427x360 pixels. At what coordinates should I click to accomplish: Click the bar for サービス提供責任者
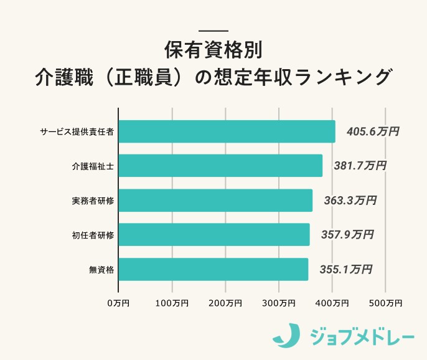coord(227,131)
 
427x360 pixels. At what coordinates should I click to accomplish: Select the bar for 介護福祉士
coord(220,166)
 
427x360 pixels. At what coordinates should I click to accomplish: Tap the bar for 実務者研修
coord(215,201)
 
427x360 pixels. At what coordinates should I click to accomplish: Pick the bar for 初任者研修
coord(214,235)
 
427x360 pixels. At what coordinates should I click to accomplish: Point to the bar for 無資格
coord(213,269)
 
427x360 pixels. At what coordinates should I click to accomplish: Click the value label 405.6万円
coord(368,131)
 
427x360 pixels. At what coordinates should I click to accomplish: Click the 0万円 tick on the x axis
coord(118,303)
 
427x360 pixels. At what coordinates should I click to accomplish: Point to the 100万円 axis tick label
coord(172,303)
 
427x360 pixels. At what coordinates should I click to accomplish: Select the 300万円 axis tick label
coord(278,303)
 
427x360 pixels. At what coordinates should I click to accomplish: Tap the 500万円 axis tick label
coord(385,303)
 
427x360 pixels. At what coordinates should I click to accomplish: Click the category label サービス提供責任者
coord(77,131)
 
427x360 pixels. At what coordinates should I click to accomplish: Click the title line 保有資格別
coord(213,50)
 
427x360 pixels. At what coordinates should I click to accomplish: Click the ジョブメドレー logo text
coord(362,336)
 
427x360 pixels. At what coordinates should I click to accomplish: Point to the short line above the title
coord(213,31)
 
